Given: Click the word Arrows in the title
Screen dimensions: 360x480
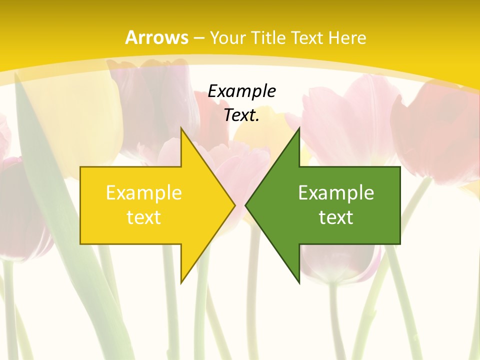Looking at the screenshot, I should [156, 37].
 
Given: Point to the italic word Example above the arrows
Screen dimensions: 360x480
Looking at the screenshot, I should [241, 91].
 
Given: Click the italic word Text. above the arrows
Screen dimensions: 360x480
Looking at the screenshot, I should [241, 115].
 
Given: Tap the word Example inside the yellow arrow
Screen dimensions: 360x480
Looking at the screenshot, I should [144, 192].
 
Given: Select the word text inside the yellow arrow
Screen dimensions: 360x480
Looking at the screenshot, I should [144, 217].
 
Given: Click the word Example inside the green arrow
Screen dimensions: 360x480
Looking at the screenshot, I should [336, 192].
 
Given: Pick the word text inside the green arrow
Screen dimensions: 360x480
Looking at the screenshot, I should [336, 217].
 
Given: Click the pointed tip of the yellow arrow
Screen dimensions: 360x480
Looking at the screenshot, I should [234, 205].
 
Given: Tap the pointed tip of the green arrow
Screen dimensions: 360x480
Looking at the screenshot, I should [245, 205].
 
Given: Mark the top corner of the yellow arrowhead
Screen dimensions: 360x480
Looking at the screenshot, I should [181, 127].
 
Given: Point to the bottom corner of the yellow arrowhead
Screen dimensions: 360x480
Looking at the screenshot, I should [181, 283].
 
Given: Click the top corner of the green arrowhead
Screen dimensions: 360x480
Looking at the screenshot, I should [299, 127].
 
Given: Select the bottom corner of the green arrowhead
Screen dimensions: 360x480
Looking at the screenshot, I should [299, 283].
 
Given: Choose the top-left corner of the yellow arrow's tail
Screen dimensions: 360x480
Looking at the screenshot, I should [80, 167].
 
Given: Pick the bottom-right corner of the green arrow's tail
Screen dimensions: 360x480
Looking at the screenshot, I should [400, 244].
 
